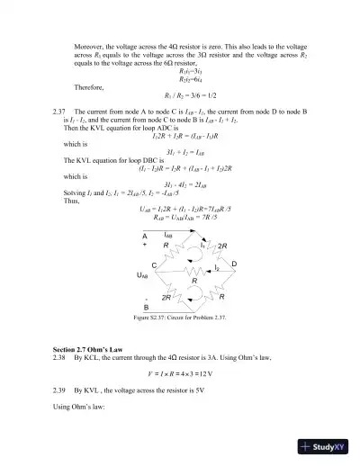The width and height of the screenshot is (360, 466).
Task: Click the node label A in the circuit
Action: coord(144,236)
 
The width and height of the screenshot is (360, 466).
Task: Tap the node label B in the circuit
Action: coord(145,307)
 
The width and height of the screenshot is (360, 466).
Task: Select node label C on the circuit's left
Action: coord(154,264)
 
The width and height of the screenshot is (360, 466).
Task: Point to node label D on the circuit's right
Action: coord(233,264)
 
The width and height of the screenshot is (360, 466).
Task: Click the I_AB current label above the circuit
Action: coord(168,234)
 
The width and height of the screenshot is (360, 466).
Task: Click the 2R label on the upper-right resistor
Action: coord(222,246)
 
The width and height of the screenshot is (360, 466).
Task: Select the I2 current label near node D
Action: coord(217,268)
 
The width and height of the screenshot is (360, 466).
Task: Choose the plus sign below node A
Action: coord(144,245)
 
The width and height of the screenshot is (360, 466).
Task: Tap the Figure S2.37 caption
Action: coord(184,318)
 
